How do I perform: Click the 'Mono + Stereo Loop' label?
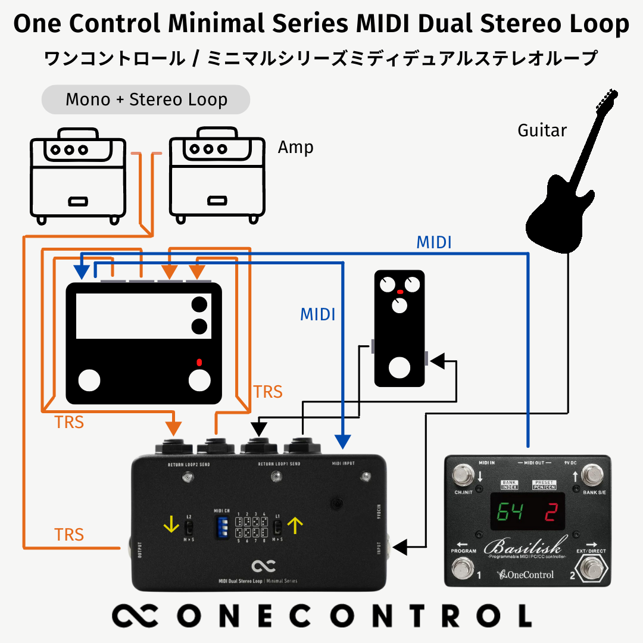coord(146,99)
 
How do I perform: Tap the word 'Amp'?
coord(295,147)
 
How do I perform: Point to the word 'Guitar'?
coord(542,130)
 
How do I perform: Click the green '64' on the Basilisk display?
coord(511,511)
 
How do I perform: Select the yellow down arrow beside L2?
coord(171,525)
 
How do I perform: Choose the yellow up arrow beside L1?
coord(295,525)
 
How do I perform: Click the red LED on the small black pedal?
coord(399,292)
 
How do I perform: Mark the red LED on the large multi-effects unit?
coord(199,361)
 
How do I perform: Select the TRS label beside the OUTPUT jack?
coord(69,534)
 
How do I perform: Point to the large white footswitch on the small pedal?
coord(399,367)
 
